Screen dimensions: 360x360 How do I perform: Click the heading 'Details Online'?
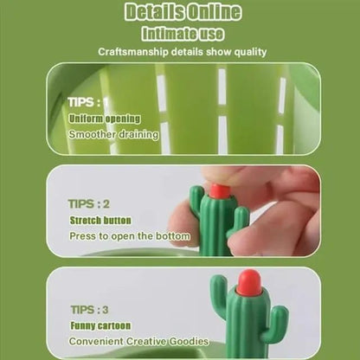click(x=180, y=13)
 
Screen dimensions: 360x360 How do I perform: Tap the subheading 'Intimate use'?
click(x=180, y=34)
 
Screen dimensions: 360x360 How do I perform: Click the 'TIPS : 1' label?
click(x=88, y=102)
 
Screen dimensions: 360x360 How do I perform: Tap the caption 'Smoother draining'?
click(x=113, y=135)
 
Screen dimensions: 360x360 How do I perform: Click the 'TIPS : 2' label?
click(x=88, y=204)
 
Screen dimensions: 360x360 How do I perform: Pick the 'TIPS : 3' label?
click(x=88, y=309)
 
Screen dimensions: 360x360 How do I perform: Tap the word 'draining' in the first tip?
click(x=138, y=135)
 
